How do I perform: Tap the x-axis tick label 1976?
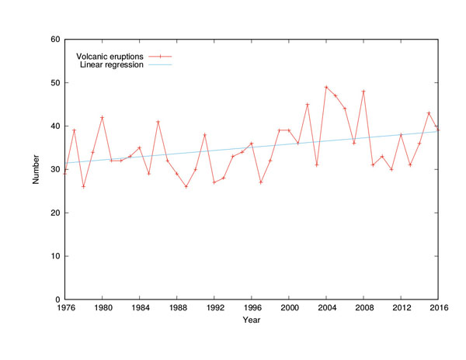coord(65,308)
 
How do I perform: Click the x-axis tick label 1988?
coord(177,308)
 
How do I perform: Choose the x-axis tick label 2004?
coord(326,308)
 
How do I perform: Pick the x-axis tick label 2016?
coord(437,308)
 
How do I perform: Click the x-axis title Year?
coord(251,320)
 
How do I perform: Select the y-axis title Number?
coord(36,169)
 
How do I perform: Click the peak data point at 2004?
coord(326,87)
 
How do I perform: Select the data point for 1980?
coord(103,117)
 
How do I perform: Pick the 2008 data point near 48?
coord(363,92)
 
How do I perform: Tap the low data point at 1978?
coord(84,186)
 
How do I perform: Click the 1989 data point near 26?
coord(186,186)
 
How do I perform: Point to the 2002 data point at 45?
coord(308,105)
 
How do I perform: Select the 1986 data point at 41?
coord(158,122)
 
